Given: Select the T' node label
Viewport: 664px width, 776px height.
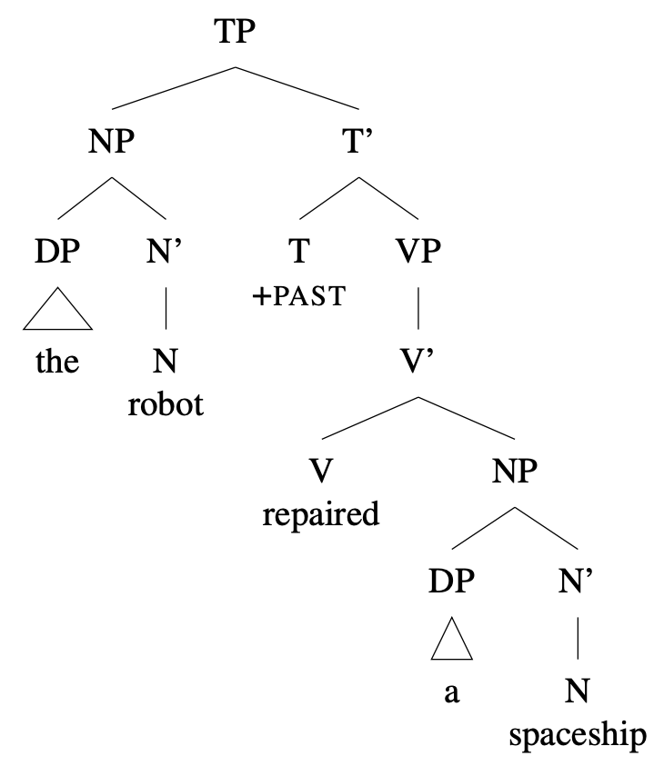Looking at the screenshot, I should click(360, 144).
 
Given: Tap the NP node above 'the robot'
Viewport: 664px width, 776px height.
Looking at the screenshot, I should click(111, 144).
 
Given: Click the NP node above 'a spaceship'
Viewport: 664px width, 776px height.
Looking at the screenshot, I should click(515, 472).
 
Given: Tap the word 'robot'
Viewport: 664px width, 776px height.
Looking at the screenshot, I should click(165, 403).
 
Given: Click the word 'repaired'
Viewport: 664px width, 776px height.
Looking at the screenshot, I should click(320, 515).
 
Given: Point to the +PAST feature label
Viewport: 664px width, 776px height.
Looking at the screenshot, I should click(299, 296).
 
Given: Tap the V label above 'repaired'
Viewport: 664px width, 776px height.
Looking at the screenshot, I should click(319, 472).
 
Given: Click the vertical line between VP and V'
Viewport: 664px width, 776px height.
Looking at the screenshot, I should click(418, 309).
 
